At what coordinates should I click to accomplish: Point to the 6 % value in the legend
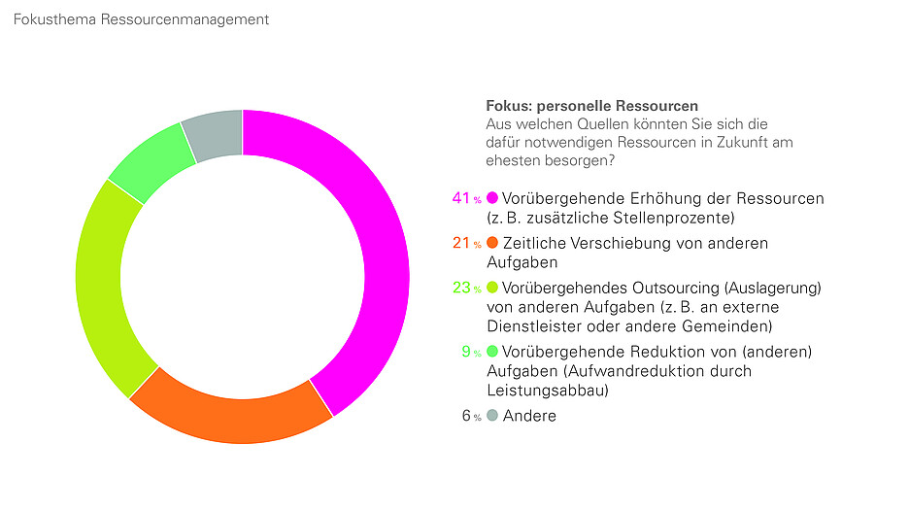(x=471, y=416)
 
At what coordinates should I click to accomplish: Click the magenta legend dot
(x=492, y=198)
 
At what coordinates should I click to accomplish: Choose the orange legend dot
(x=492, y=243)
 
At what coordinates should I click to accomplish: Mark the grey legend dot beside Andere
(x=492, y=416)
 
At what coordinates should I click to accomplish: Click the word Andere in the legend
(x=529, y=416)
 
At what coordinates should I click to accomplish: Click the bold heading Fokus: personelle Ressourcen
(x=591, y=106)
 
